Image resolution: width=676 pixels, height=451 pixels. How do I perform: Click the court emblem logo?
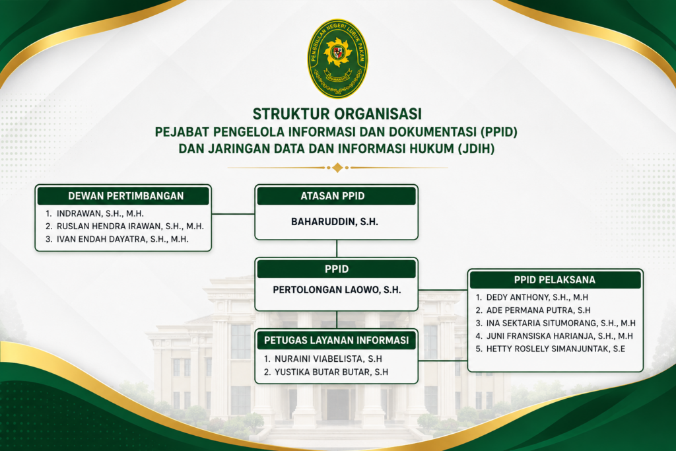pyautogui.click(x=337, y=59)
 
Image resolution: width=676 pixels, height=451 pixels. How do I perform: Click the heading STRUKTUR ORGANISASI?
pyautogui.click(x=337, y=114)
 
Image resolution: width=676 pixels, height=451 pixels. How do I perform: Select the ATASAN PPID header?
pyautogui.click(x=336, y=195)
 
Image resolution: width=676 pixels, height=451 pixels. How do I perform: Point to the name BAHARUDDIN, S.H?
pyautogui.click(x=335, y=222)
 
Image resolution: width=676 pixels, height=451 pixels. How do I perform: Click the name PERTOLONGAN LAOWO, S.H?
pyautogui.click(x=337, y=290)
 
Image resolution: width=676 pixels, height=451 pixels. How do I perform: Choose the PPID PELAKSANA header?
pyautogui.click(x=555, y=280)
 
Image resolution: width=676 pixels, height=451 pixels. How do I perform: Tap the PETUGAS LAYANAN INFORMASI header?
pyautogui.click(x=336, y=340)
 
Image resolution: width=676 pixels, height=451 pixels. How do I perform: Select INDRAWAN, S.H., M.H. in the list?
pyautogui.click(x=100, y=213)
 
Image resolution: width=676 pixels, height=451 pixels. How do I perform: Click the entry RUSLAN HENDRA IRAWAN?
pyautogui.click(x=130, y=226)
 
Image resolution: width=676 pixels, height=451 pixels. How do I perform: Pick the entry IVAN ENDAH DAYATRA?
pyautogui.click(x=122, y=239)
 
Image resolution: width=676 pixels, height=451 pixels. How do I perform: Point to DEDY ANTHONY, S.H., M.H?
pyautogui.click(x=537, y=298)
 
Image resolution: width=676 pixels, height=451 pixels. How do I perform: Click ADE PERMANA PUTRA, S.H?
pyautogui.click(x=539, y=310)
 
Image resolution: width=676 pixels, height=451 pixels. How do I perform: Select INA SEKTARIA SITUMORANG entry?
pyautogui.click(x=561, y=324)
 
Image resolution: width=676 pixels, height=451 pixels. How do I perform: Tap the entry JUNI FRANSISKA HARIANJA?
pyautogui.click(x=560, y=336)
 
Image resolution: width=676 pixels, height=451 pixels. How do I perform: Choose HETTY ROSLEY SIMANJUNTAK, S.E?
pyautogui.click(x=556, y=349)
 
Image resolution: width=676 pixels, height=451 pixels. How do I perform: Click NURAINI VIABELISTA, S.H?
pyautogui.click(x=328, y=359)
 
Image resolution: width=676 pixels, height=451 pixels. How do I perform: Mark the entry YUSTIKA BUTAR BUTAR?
pyautogui.click(x=331, y=372)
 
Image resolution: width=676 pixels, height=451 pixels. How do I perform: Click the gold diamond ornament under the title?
pyautogui.click(x=337, y=167)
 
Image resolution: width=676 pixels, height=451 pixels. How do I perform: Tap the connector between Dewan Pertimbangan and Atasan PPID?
pyautogui.click(x=233, y=214)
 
